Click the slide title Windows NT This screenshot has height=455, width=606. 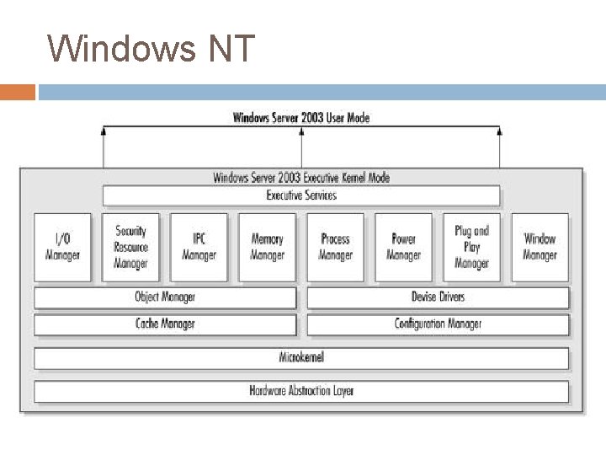coord(151,48)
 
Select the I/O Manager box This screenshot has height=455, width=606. coord(62,247)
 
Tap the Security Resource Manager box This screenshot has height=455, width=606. coord(130,247)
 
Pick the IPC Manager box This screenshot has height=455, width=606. coord(199,247)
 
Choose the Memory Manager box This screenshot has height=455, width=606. coord(267,247)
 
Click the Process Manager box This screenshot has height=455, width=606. coord(335,247)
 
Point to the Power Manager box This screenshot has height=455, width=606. coord(403,247)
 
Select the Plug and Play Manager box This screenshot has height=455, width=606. coord(471,247)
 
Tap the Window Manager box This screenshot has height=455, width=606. coord(540,247)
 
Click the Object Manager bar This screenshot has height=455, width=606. coord(165,297)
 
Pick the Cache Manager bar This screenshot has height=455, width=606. coord(165,324)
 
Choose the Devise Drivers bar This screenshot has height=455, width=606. coord(438,297)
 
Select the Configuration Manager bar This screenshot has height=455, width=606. coord(438,324)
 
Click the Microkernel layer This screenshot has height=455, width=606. coord(301,357)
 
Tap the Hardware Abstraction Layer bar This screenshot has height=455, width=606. coord(301,391)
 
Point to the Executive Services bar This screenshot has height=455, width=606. coord(301,195)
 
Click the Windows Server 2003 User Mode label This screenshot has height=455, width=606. coord(301,118)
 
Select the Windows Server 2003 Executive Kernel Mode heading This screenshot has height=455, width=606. coord(301,178)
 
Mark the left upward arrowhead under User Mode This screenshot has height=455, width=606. coord(104,131)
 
